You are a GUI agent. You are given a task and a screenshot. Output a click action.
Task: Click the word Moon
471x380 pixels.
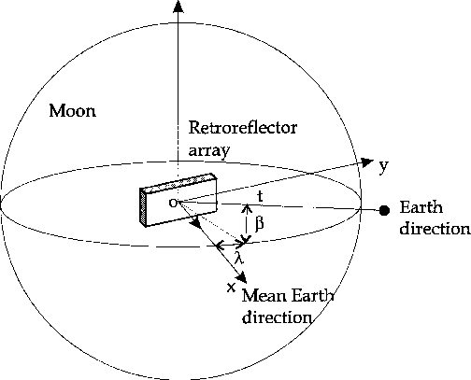tap(73, 111)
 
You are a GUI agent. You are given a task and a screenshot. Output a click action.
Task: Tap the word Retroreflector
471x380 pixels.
tap(243, 128)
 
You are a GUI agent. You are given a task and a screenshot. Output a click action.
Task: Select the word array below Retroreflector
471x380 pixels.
tap(209, 150)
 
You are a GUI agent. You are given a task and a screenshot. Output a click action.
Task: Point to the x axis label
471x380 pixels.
tap(231, 288)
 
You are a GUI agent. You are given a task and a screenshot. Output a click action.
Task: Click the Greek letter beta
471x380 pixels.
tap(260, 223)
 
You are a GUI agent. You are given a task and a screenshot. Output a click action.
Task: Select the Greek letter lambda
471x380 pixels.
tap(239, 258)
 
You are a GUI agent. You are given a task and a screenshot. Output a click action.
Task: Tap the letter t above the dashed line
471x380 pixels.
tap(260, 197)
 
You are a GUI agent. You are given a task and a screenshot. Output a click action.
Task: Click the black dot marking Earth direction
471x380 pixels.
tap(384, 211)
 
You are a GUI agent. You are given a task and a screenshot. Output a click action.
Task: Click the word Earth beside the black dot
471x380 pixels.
tap(421, 207)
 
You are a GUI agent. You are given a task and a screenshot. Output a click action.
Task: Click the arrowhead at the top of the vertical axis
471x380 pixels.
tap(178, 7)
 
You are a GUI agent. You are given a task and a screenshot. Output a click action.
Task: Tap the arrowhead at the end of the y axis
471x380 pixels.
tap(367, 162)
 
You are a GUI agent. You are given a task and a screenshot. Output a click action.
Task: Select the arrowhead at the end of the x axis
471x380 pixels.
tap(242, 277)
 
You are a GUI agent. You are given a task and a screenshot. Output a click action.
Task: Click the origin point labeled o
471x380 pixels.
tap(173, 203)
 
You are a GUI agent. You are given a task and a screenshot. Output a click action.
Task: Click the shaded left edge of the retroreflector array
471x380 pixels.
tap(143, 206)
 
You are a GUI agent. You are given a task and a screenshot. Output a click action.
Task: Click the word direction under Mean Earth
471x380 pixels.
tap(278, 317)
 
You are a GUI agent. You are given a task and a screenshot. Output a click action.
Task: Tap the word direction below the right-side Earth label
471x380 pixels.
tap(435, 229)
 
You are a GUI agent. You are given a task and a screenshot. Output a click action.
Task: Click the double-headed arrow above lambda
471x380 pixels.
tap(231, 246)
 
